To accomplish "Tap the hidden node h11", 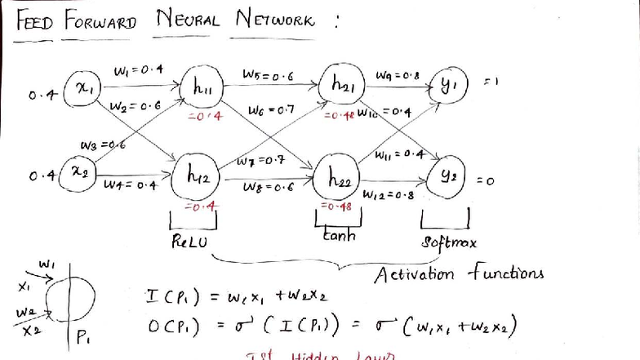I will (202, 87).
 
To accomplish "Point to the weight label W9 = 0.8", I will (398, 76).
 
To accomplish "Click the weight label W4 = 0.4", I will (130, 185).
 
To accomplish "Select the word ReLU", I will (189, 243).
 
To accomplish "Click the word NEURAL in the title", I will (186, 20).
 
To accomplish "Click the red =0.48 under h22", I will (335, 207).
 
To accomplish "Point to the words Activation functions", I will (460, 273).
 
